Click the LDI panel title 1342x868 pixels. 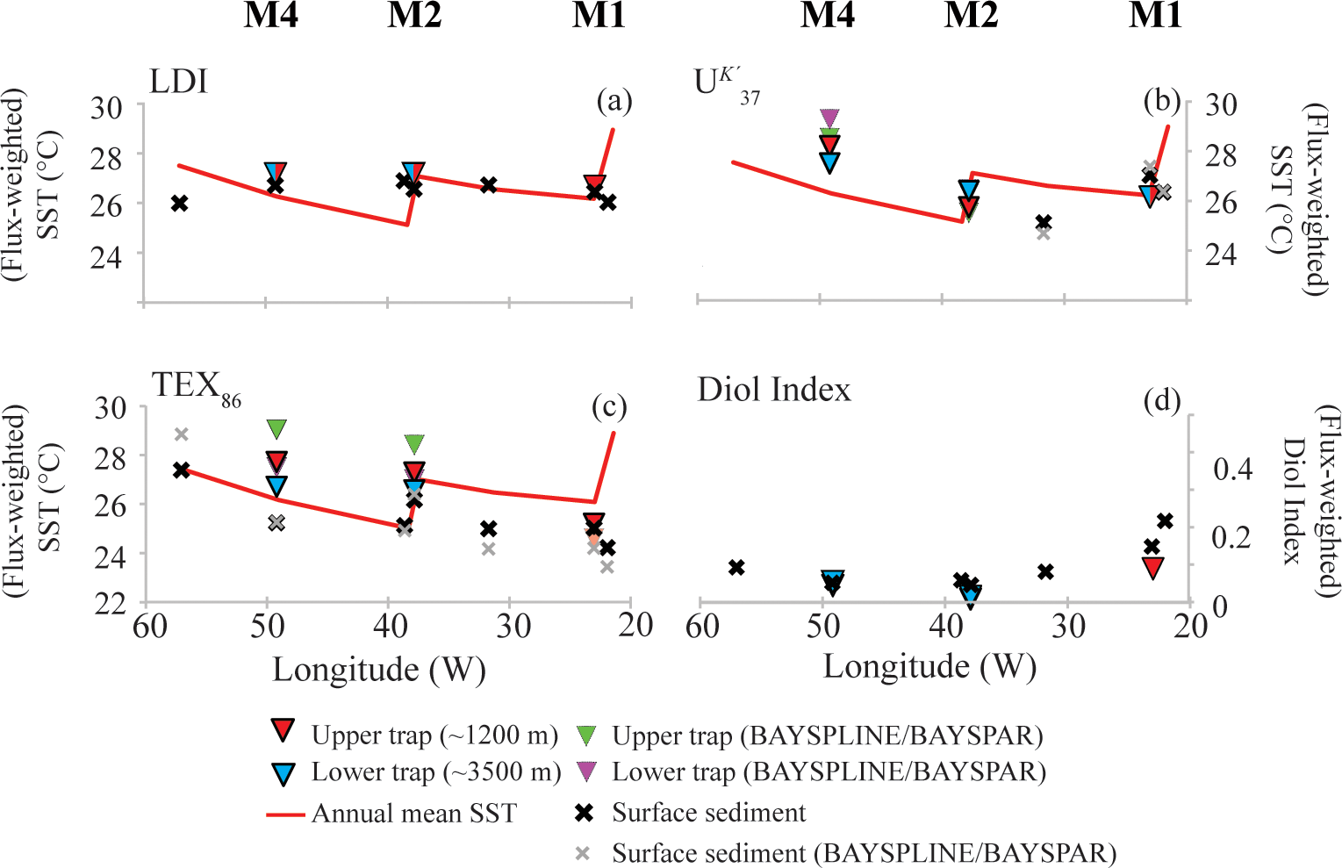(x=179, y=82)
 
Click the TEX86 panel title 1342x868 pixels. (x=196, y=387)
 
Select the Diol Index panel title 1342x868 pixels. (x=774, y=389)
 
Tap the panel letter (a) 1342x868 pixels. (x=614, y=101)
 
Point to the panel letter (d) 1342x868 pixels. (x=1161, y=401)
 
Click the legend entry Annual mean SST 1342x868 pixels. (x=414, y=814)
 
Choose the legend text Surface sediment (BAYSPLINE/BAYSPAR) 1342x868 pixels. (x=864, y=853)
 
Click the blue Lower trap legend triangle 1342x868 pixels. (x=283, y=773)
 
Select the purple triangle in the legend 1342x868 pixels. (x=585, y=772)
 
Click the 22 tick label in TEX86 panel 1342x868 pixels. (x=111, y=604)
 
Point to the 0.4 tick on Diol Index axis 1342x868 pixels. (x=1232, y=469)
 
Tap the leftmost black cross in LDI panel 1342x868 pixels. (x=180, y=203)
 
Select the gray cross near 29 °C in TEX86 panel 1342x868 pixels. (x=181, y=434)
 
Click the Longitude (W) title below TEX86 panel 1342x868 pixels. (x=378, y=670)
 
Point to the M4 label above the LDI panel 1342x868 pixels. (x=270, y=16)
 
